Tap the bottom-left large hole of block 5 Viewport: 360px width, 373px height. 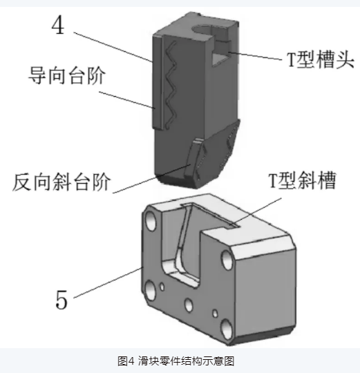(x=147, y=285)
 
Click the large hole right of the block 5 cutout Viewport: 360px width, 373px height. (x=227, y=261)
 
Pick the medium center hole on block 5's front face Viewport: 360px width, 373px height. (x=187, y=302)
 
